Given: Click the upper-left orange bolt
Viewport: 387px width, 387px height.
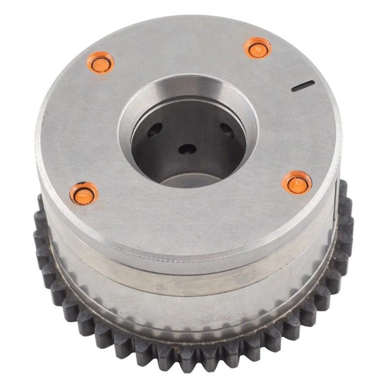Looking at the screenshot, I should click(102, 63).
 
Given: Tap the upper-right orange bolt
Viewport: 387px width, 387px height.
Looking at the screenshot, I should click(257, 47).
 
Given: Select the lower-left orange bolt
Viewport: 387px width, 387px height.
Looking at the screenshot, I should click(84, 193).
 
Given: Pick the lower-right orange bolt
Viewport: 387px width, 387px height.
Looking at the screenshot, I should click(297, 183).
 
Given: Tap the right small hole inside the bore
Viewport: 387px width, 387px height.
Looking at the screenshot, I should click(226, 129).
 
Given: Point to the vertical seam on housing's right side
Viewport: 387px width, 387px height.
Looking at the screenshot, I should click(335, 193).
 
